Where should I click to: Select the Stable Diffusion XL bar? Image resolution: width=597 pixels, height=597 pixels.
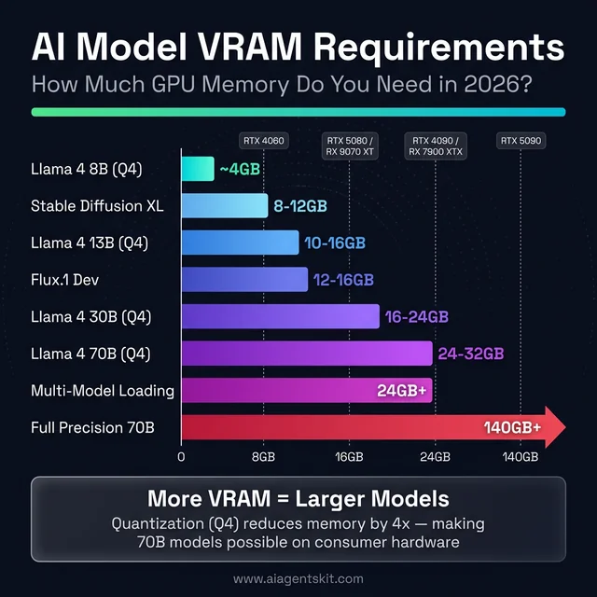pyautogui.click(x=224, y=205)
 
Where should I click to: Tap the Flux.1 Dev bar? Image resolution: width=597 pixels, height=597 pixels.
pyautogui.click(x=243, y=279)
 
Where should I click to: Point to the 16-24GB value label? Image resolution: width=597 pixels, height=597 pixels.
pyautogui.click(x=417, y=316)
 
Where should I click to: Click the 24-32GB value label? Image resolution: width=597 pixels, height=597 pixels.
pyautogui.click(x=471, y=354)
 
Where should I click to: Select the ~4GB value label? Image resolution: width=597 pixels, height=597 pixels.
pyautogui.click(x=239, y=169)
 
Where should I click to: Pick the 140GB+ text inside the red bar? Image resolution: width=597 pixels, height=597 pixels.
pyautogui.click(x=512, y=428)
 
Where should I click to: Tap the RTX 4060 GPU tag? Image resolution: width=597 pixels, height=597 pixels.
pyautogui.click(x=264, y=141)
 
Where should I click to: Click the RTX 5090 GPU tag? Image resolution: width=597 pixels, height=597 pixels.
pyautogui.click(x=521, y=141)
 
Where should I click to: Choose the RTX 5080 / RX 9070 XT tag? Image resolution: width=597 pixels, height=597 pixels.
pyautogui.click(x=349, y=145)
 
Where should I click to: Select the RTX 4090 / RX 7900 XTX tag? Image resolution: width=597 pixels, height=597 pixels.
pyautogui.click(x=436, y=145)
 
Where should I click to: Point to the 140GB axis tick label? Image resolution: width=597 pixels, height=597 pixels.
pyautogui.click(x=520, y=457)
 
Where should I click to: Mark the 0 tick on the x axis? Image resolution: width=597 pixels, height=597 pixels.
pyautogui.click(x=181, y=457)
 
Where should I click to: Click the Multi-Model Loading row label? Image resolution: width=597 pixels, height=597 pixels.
pyautogui.click(x=103, y=391)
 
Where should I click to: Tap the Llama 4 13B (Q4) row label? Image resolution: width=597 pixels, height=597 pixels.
pyautogui.click(x=90, y=243)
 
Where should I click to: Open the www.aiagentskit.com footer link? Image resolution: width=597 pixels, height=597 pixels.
pyautogui.click(x=298, y=579)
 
